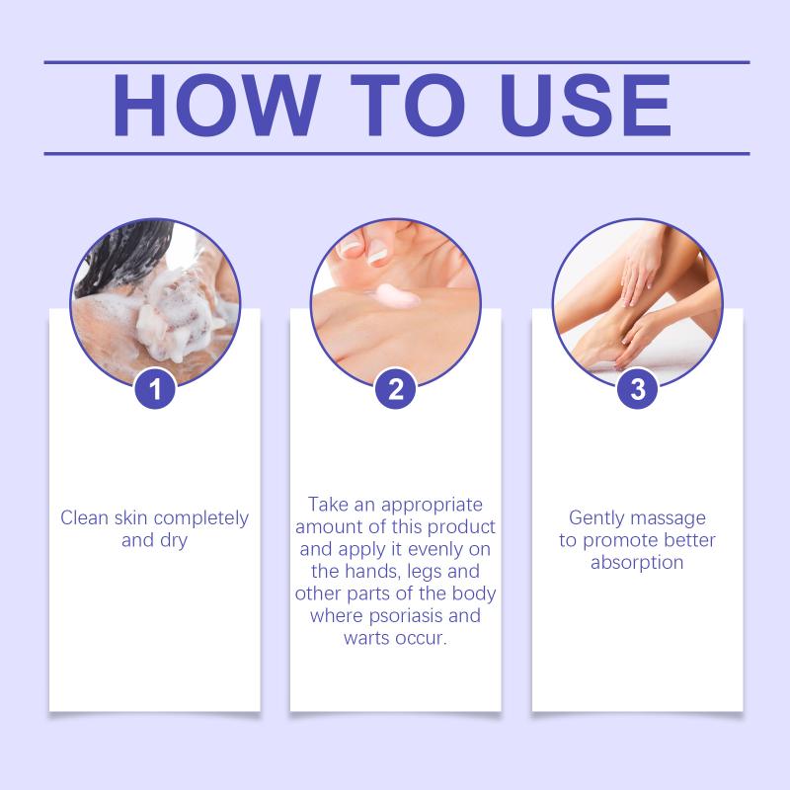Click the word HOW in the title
click(x=216, y=106)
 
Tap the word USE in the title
click(x=586, y=106)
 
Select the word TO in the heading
click(x=407, y=106)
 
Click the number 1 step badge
click(x=155, y=389)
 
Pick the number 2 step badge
click(x=396, y=389)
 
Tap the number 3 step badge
click(x=638, y=389)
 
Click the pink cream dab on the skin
click(x=397, y=296)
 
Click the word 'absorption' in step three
click(x=637, y=563)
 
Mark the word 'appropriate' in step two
click(x=432, y=506)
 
